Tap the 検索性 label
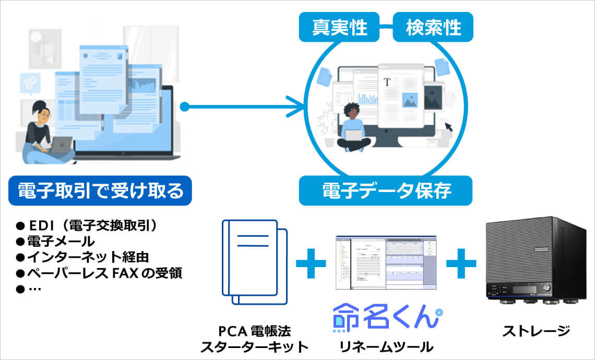tap(433, 27)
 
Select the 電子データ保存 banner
tap(385, 190)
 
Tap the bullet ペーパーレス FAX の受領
tap(99, 273)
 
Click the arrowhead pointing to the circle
tap(299, 107)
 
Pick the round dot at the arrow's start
tap(184, 107)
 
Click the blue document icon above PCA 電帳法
tap(254, 261)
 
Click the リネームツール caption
tap(386, 345)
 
